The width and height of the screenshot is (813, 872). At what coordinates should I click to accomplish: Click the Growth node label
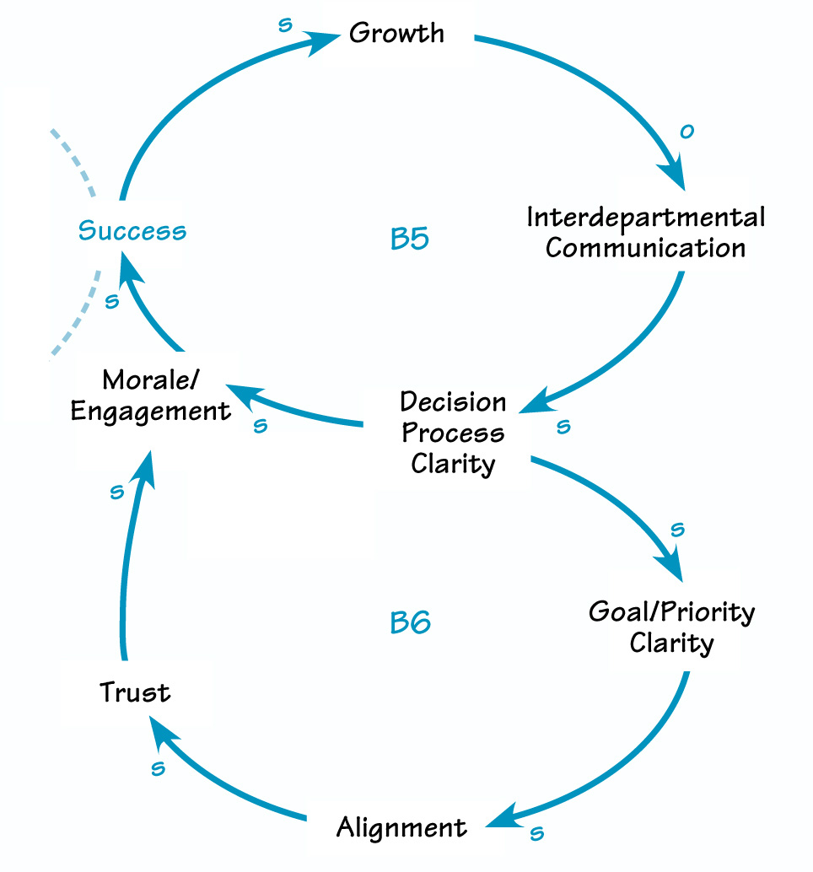(396, 34)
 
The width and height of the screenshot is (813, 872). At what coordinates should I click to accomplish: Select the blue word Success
(132, 231)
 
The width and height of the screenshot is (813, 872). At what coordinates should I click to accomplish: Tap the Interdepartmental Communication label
(646, 233)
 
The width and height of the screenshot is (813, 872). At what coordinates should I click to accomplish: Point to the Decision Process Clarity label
(453, 433)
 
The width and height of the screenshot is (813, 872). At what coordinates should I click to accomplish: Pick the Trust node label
(135, 693)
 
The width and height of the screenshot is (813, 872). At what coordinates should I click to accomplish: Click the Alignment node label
(401, 827)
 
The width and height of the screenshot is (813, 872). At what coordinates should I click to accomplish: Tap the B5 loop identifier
(410, 240)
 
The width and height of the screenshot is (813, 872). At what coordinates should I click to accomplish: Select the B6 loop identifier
(411, 623)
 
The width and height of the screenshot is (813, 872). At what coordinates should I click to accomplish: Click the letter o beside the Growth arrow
(686, 132)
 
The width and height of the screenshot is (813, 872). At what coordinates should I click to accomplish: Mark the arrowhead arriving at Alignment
(507, 817)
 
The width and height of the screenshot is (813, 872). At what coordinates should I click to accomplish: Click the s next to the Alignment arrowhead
(536, 834)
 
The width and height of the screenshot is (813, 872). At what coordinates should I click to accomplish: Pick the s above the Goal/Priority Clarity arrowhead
(676, 530)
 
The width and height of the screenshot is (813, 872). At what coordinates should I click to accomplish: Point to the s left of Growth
(285, 24)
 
